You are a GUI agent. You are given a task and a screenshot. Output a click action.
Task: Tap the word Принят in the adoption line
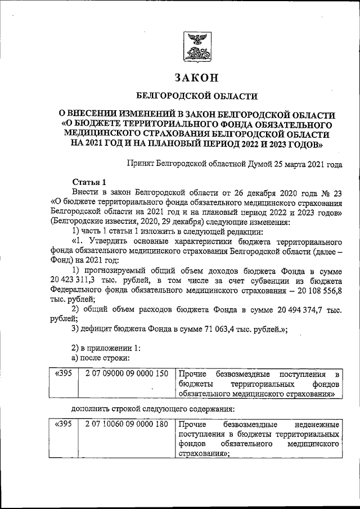[143, 164]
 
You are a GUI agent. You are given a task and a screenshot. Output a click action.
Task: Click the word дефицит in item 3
[99, 330]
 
